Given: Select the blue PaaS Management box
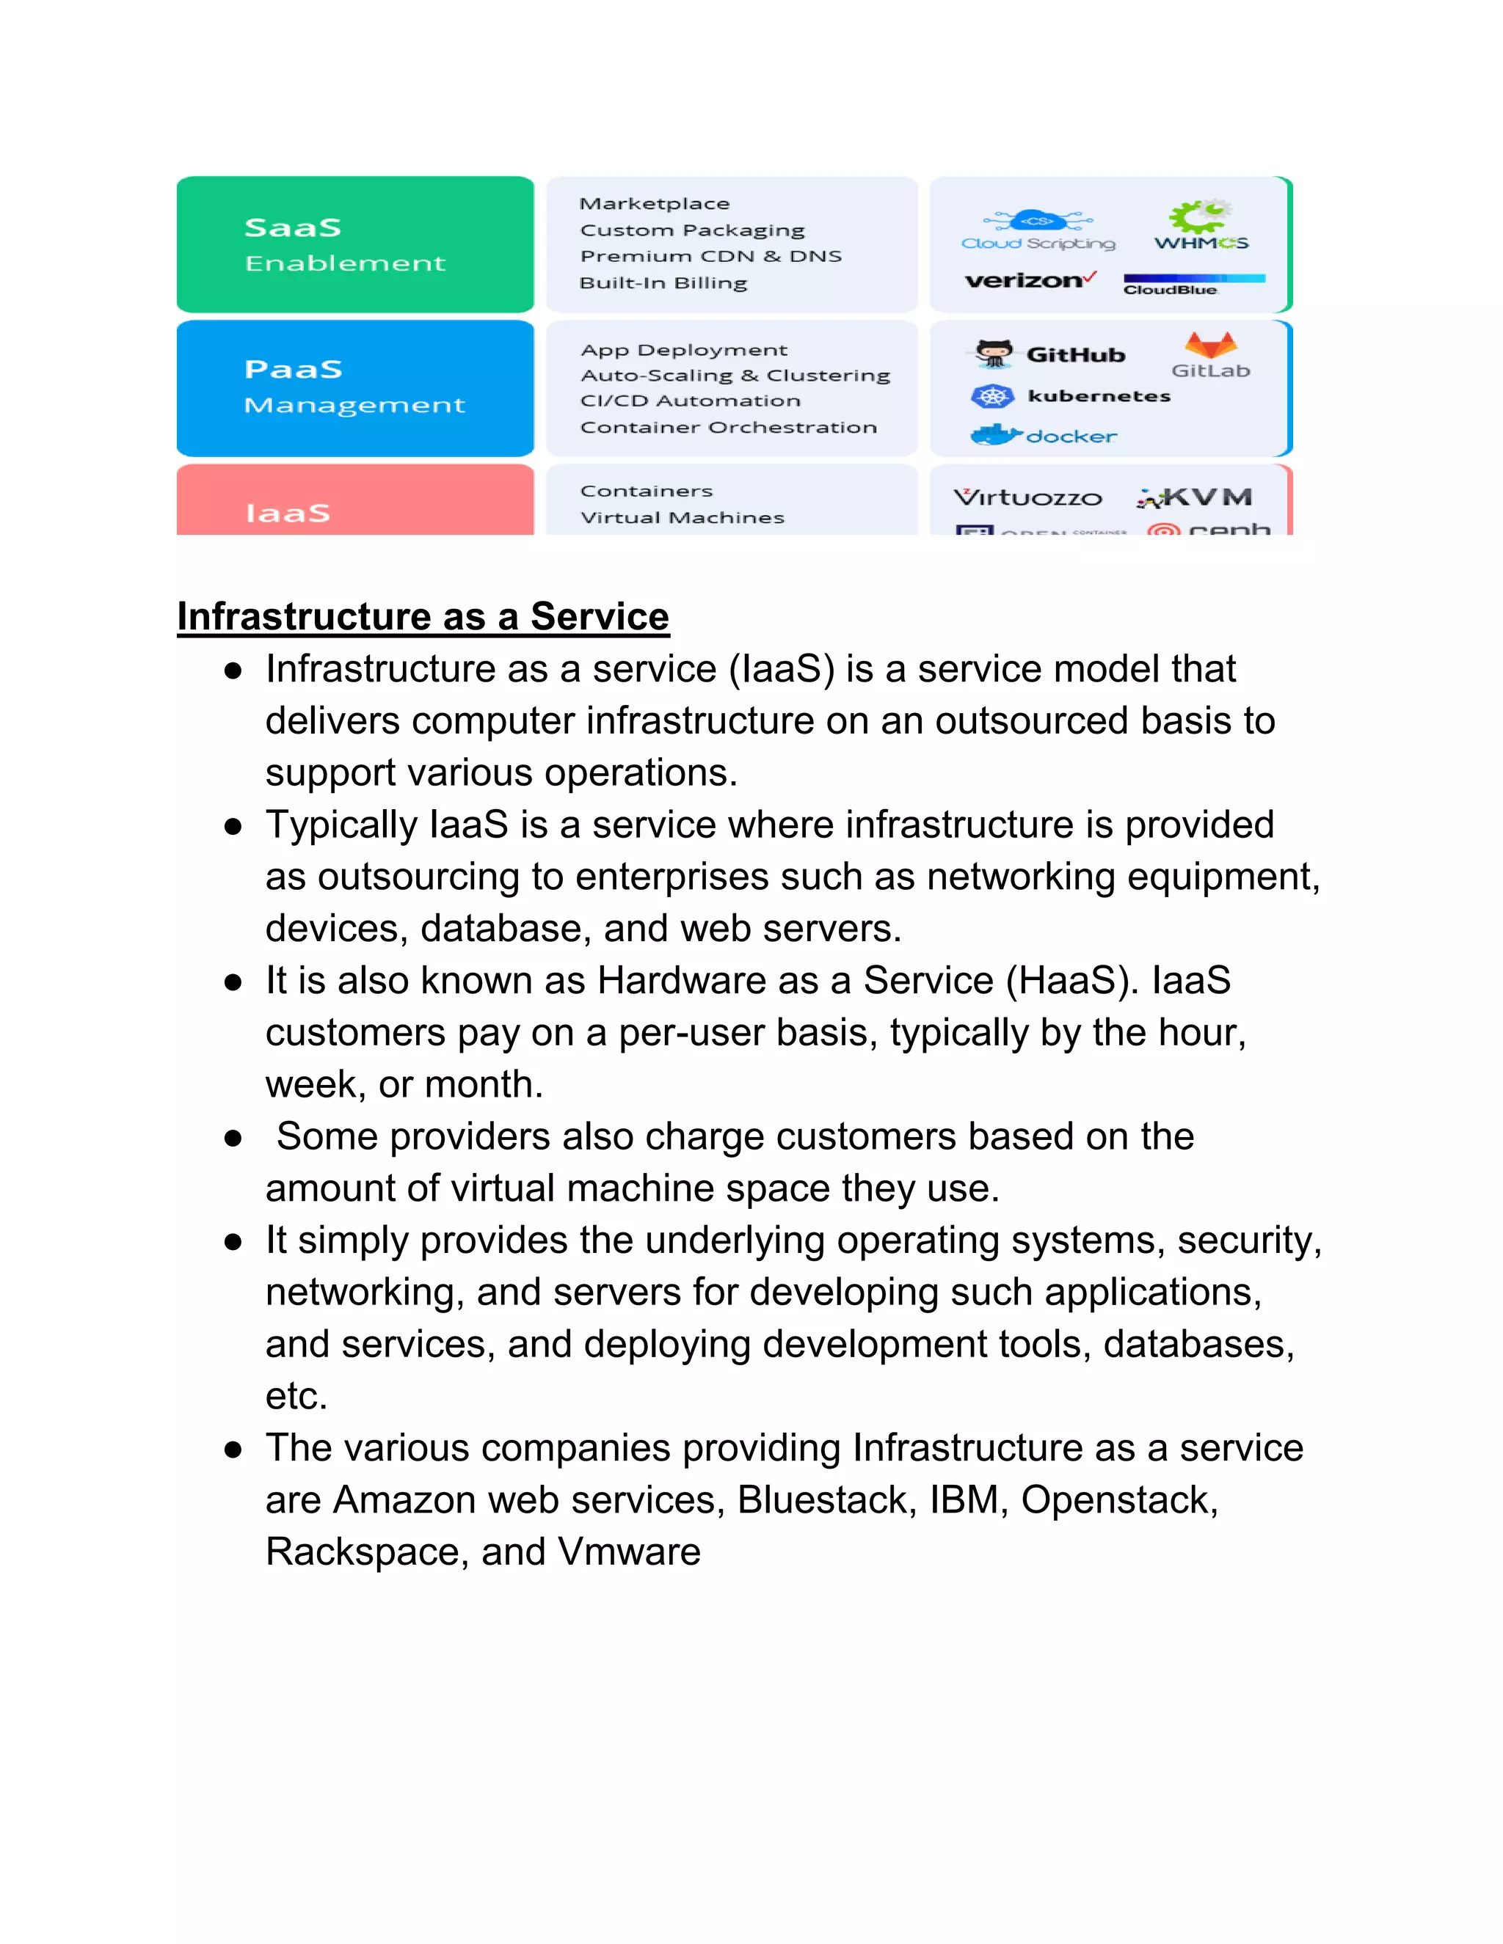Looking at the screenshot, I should pos(354,387).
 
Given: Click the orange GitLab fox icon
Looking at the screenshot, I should pos(1210,345).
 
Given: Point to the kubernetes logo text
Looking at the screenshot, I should pos(1099,396).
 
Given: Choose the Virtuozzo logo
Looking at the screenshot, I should pos(1027,497).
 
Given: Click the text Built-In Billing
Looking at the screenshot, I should pos(663,283).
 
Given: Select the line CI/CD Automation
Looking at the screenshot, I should pos(690,401).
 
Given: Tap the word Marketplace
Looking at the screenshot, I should pos(655,204).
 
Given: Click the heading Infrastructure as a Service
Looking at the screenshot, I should pos(423,616).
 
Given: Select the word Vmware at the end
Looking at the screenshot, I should pos(630,1552).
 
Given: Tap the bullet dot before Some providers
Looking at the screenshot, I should pos(233,1138).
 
